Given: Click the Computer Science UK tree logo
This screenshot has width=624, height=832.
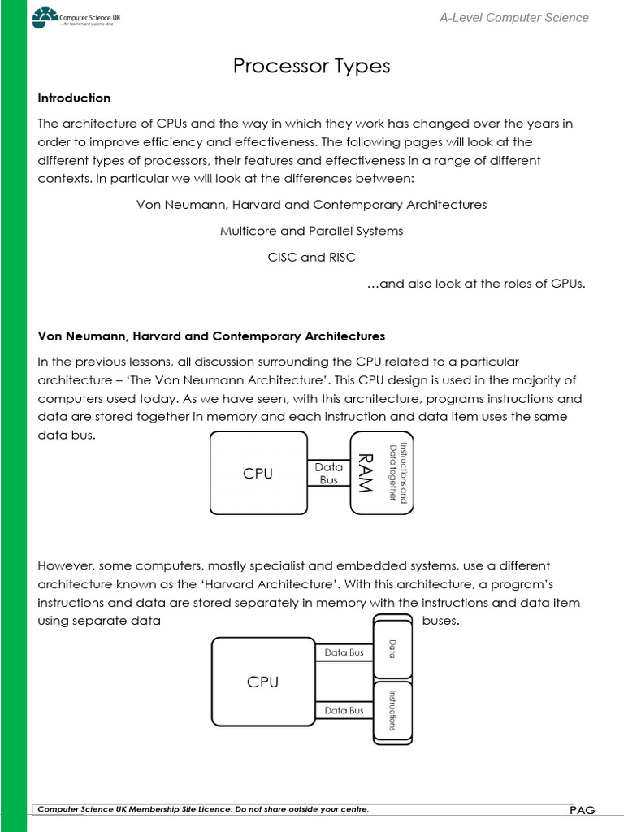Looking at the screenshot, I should click(45, 17).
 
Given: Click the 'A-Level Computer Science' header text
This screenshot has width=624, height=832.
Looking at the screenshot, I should click(513, 18).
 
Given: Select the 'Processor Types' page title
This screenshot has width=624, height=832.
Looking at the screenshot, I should click(312, 66).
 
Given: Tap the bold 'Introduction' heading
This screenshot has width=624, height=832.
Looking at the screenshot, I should click(74, 98).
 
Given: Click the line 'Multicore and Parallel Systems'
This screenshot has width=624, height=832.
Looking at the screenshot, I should click(312, 231).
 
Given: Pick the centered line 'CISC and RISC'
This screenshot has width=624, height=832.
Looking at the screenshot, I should click(312, 257).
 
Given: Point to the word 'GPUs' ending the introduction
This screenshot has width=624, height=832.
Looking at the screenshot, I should click(568, 283).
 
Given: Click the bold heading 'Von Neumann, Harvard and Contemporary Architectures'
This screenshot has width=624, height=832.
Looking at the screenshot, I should click(211, 336).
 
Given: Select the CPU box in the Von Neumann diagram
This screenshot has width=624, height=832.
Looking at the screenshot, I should click(258, 473).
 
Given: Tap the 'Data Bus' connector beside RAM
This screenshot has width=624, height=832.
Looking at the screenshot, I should click(329, 473).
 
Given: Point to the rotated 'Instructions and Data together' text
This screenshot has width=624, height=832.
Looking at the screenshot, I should click(397, 473).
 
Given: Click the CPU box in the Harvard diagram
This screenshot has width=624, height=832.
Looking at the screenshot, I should click(262, 682).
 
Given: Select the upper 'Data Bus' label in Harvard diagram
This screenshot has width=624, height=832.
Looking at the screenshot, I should click(344, 652).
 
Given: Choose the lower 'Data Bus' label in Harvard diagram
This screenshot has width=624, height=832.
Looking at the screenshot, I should click(344, 710).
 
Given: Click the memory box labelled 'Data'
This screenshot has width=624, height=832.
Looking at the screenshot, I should click(392, 648).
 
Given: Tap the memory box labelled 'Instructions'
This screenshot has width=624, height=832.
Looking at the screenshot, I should click(392, 710).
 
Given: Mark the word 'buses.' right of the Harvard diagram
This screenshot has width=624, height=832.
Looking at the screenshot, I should click(441, 621).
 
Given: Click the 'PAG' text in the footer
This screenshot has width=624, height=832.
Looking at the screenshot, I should click(582, 810).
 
